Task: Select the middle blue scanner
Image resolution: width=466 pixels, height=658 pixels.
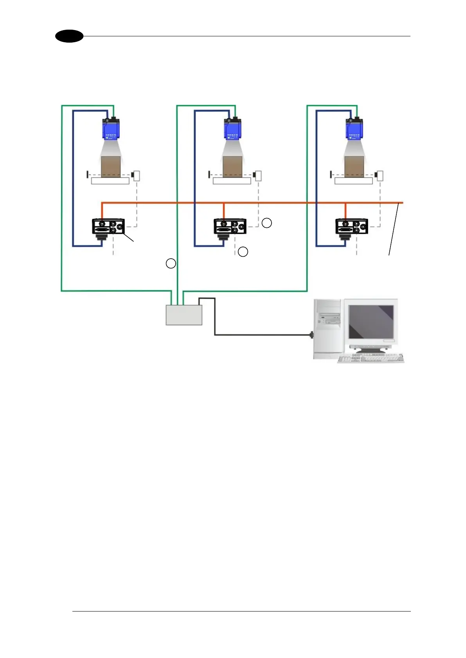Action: (x=232, y=129)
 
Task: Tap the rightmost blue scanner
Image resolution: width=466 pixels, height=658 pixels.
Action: (x=354, y=129)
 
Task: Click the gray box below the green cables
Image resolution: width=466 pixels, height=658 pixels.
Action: (x=184, y=315)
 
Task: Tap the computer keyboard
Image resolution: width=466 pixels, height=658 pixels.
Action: (x=371, y=359)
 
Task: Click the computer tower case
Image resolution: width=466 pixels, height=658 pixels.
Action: (x=328, y=328)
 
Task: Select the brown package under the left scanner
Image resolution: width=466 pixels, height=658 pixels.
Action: (x=111, y=167)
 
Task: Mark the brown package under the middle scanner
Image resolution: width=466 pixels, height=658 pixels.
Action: (x=232, y=167)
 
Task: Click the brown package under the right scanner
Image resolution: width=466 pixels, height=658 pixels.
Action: (x=354, y=167)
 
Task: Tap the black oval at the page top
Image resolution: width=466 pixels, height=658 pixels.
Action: (x=69, y=36)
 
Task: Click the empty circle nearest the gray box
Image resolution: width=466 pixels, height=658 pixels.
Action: (x=171, y=263)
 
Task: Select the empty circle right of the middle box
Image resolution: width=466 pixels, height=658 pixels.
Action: (x=266, y=223)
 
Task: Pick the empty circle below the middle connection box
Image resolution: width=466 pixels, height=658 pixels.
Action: (x=243, y=252)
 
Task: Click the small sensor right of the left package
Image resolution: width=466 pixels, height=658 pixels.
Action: (x=136, y=175)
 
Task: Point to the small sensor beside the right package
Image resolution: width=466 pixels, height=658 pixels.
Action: (x=379, y=175)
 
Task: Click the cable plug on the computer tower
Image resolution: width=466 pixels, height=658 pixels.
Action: (x=312, y=335)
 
